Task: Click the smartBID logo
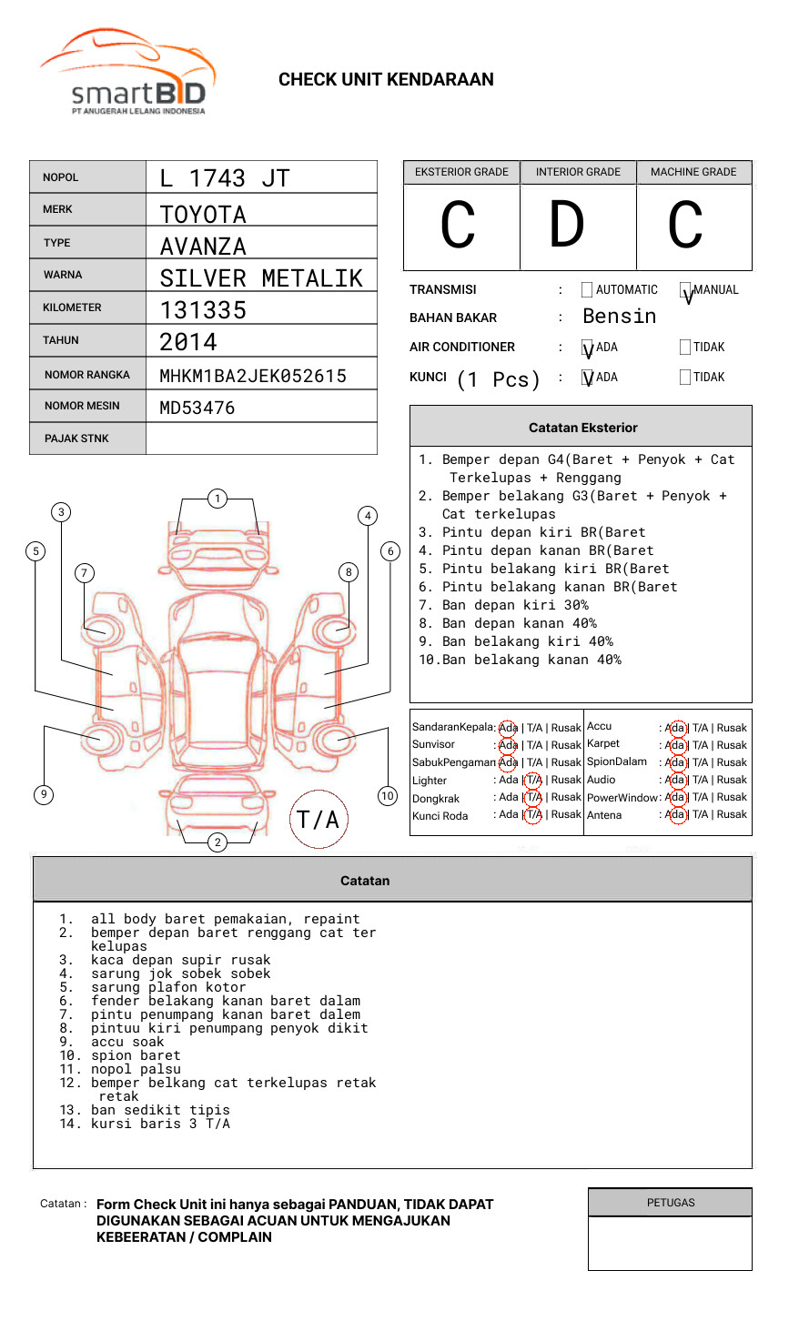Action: point(128,72)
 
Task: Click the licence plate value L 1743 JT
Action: point(225,178)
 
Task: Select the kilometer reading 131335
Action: point(203,310)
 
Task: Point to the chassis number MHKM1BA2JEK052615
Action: point(253,376)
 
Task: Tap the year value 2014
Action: point(188,342)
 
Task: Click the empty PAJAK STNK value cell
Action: point(261,439)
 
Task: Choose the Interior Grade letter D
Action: point(567,224)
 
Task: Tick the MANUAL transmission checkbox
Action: point(685,289)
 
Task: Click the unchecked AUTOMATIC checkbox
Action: point(587,289)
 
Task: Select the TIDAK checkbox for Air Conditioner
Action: point(685,347)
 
